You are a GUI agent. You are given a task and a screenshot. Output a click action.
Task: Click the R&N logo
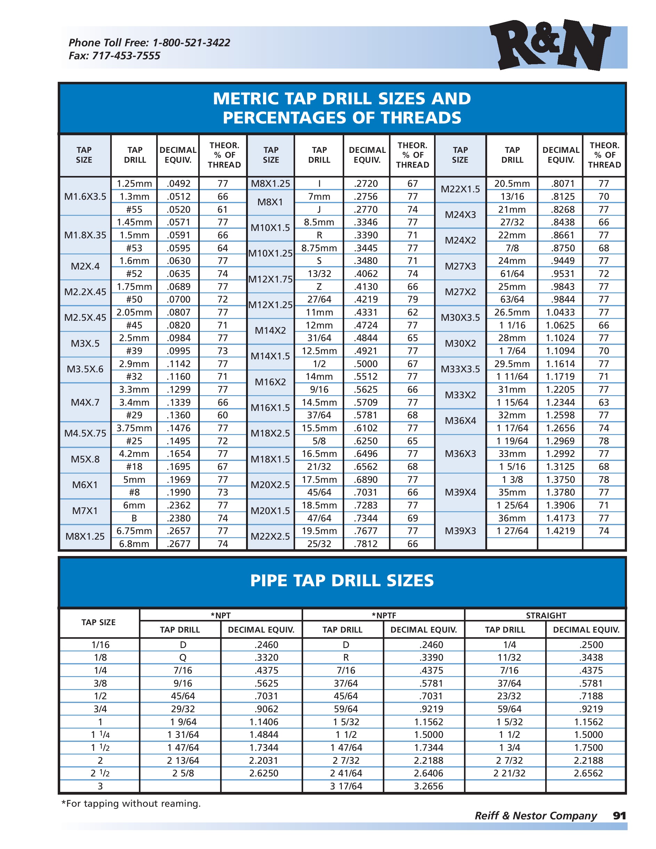click(x=549, y=45)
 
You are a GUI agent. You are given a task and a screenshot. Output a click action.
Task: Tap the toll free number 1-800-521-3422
click(x=191, y=43)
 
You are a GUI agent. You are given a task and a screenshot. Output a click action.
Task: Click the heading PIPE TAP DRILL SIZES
click(x=342, y=580)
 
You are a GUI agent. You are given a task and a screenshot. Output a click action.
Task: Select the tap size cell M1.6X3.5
click(x=85, y=197)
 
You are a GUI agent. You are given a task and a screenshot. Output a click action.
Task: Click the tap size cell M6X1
click(x=85, y=485)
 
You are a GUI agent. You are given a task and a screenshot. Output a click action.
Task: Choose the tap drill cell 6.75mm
click(x=134, y=531)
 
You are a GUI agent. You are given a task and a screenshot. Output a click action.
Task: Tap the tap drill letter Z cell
click(x=319, y=287)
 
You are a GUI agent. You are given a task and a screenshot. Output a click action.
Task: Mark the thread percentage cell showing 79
click(x=412, y=300)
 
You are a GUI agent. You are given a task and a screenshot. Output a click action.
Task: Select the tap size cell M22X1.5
click(x=460, y=189)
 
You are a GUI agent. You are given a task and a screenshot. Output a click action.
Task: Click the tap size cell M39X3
click(x=460, y=531)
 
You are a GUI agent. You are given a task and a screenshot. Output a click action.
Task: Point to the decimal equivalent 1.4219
click(x=560, y=531)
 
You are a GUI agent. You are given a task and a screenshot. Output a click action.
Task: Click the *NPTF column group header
click(x=383, y=615)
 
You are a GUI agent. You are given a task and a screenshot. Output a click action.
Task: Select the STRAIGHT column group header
click(x=545, y=615)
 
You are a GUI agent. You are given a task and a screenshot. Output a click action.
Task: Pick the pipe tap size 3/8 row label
click(x=100, y=684)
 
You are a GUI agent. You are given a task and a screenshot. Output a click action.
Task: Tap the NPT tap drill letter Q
click(x=183, y=658)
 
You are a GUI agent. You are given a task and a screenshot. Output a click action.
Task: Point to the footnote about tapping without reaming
click(x=131, y=804)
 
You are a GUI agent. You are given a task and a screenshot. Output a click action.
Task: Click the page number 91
click(x=619, y=816)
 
